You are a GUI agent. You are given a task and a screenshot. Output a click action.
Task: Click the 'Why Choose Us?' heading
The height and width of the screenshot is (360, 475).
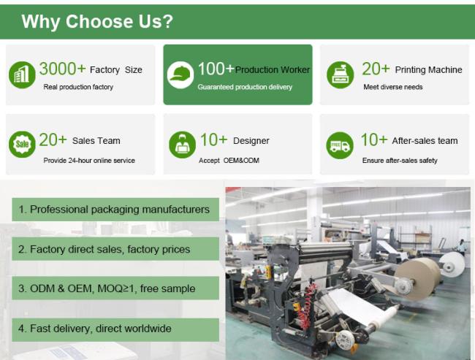click(x=97, y=21)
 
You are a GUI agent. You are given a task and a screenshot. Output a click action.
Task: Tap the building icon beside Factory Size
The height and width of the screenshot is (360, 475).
click(x=22, y=74)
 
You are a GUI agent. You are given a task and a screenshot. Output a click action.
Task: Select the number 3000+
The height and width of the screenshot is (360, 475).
click(x=62, y=69)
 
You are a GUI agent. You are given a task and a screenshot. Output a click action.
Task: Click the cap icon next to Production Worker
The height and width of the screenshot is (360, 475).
click(x=180, y=74)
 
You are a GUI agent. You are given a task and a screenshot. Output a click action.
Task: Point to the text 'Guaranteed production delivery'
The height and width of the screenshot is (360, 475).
click(x=245, y=87)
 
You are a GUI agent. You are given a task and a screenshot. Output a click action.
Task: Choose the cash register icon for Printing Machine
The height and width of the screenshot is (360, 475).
click(x=341, y=74)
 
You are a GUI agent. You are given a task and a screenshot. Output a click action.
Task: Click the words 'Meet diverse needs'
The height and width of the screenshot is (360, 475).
click(x=393, y=87)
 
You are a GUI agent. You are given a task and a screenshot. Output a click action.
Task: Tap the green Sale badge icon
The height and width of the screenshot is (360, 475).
click(x=22, y=145)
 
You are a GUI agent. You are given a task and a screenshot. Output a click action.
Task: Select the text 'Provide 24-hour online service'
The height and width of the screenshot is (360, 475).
click(x=89, y=161)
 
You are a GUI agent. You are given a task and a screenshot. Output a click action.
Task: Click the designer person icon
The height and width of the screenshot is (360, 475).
click(x=183, y=145)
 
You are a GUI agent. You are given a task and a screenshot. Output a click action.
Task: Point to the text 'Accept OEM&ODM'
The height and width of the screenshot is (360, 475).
click(x=229, y=161)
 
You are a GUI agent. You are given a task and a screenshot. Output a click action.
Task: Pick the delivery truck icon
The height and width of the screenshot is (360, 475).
click(x=340, y=145)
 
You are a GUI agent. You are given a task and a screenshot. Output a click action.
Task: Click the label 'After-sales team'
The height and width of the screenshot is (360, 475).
click(x=425, y=141)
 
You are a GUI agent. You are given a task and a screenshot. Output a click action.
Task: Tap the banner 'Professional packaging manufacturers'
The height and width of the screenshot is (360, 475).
click(x=115, y=210)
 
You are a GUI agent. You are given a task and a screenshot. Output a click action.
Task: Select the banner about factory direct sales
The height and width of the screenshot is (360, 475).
click(x=115, y=249)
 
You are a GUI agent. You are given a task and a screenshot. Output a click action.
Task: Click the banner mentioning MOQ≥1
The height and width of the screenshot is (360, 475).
click(x=115, y=288)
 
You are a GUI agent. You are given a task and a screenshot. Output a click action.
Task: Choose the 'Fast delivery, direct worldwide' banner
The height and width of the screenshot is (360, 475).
click(x=115, y=329)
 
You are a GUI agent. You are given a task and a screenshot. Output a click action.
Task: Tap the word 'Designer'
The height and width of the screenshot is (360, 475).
click(x=251, y=141)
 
